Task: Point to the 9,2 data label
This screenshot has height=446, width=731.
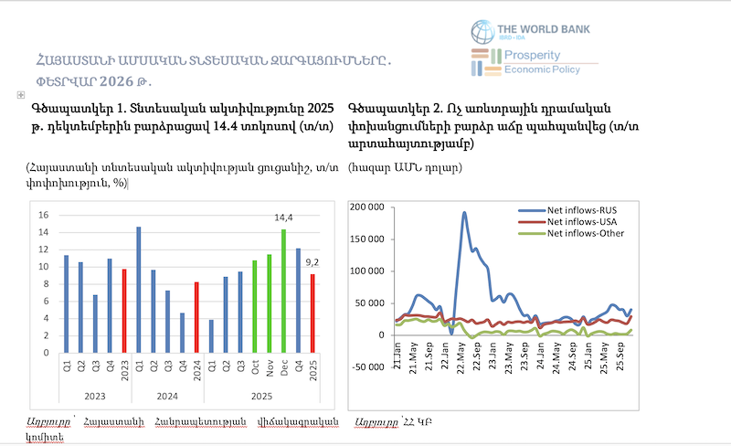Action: click(313, 263)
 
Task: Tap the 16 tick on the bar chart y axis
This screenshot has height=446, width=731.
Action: click(42, 215)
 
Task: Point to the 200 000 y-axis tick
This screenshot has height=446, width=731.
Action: click(369, 207)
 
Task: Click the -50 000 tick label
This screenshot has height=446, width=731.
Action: click(370, 367)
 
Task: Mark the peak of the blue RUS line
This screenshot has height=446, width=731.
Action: click(464, 213)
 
